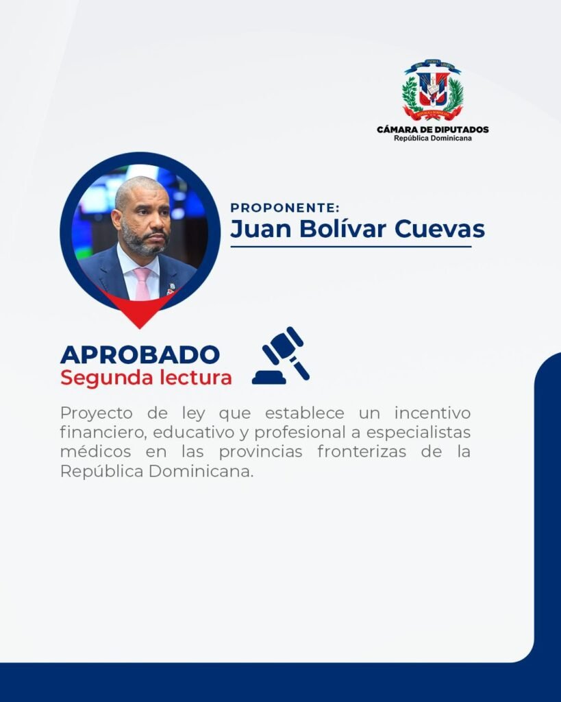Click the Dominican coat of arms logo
(432, 90)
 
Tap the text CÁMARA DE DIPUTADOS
(433, 130)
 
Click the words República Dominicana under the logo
(433, 138)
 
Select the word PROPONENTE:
(285, 208)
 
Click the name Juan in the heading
(261, 228)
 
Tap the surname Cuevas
(440, 228)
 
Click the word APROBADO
(140, 354)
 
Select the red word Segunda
(107, 378)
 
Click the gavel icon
(281, 356)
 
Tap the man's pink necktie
(142, 284)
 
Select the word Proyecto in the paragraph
(96, 413)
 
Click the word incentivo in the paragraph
(433, 413)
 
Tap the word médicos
(96, 451)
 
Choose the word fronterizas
(362, 451)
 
